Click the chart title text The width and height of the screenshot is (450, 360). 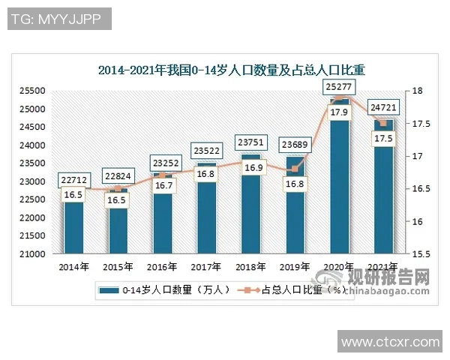231,71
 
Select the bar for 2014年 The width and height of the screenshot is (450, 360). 74,225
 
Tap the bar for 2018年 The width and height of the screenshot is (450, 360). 250,217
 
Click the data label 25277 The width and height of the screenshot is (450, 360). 338,87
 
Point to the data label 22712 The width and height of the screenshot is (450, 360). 74,179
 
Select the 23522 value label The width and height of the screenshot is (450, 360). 206,150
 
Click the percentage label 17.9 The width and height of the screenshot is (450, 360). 338,112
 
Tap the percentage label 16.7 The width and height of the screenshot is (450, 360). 163,184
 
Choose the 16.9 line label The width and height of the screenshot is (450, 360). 250,168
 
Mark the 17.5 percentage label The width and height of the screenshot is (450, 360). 383,139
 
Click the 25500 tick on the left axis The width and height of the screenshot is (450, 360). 34,91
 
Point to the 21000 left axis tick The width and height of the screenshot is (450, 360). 34,254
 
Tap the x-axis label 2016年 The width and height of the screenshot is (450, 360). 163,266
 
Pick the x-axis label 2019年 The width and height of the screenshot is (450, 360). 294,266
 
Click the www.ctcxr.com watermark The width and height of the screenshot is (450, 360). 390,343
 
